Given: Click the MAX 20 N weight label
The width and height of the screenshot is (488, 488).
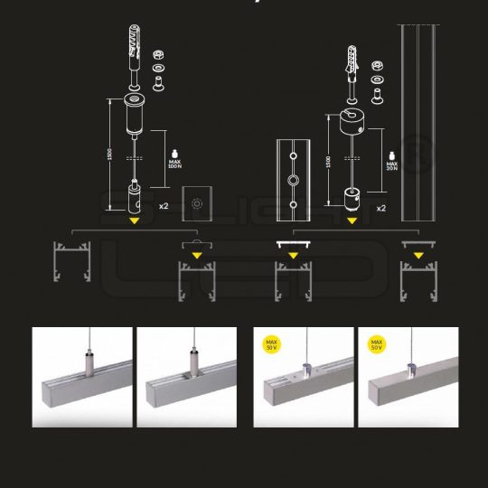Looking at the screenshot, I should coord(392,162).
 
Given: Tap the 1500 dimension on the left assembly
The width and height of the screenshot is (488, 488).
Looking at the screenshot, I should coord(109,155).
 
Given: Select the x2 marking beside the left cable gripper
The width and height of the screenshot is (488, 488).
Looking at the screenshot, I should coord(164,206).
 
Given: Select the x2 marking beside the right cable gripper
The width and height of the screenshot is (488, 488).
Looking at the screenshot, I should coord(381,208).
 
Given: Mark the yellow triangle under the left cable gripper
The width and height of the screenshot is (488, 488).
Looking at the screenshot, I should coord(134,219).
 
